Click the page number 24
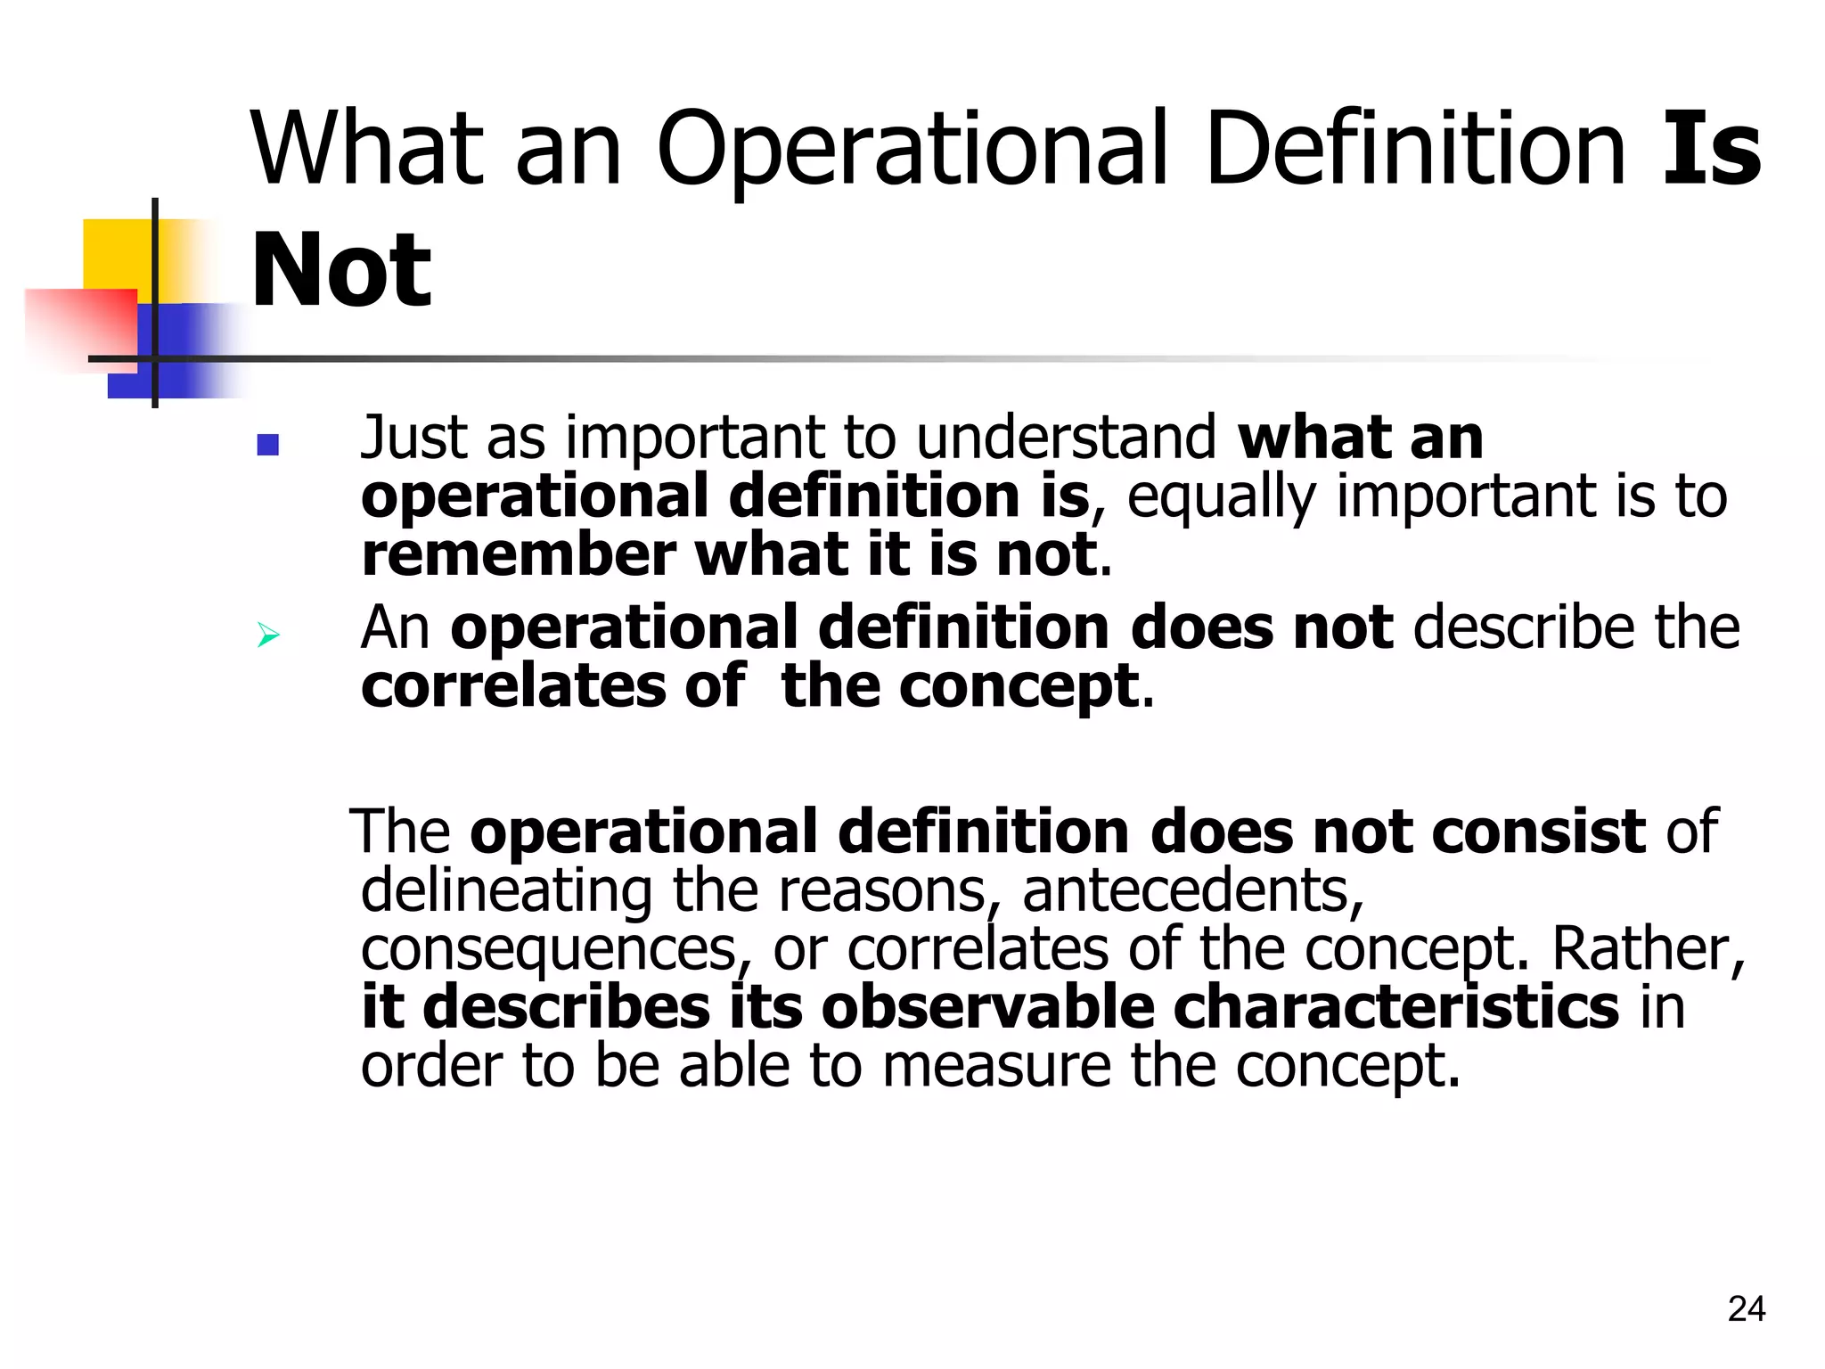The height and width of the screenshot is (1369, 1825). pyautogui.click(x=1746, y=1308)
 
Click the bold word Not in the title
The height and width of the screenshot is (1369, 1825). pyautogui.click(x=341, y=270)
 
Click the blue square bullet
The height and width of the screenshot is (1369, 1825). pyautogui.click(x=267, y=445)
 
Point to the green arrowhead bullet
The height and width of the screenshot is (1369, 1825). pyautogui.click(x=268, y=635)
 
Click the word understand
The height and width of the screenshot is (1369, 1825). pyautogui.click(x=1066, y=438)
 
